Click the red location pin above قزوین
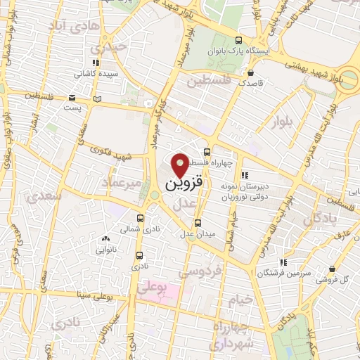tap(181, 165)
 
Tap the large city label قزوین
tap(184, 184)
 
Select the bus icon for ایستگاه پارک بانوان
tap(239, 40)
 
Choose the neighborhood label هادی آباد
tap(70, 25)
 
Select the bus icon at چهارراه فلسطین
tap(207, 151)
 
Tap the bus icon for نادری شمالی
tap(140, 218)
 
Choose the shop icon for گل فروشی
tap(331, 269)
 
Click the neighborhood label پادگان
tap(321, 220)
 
